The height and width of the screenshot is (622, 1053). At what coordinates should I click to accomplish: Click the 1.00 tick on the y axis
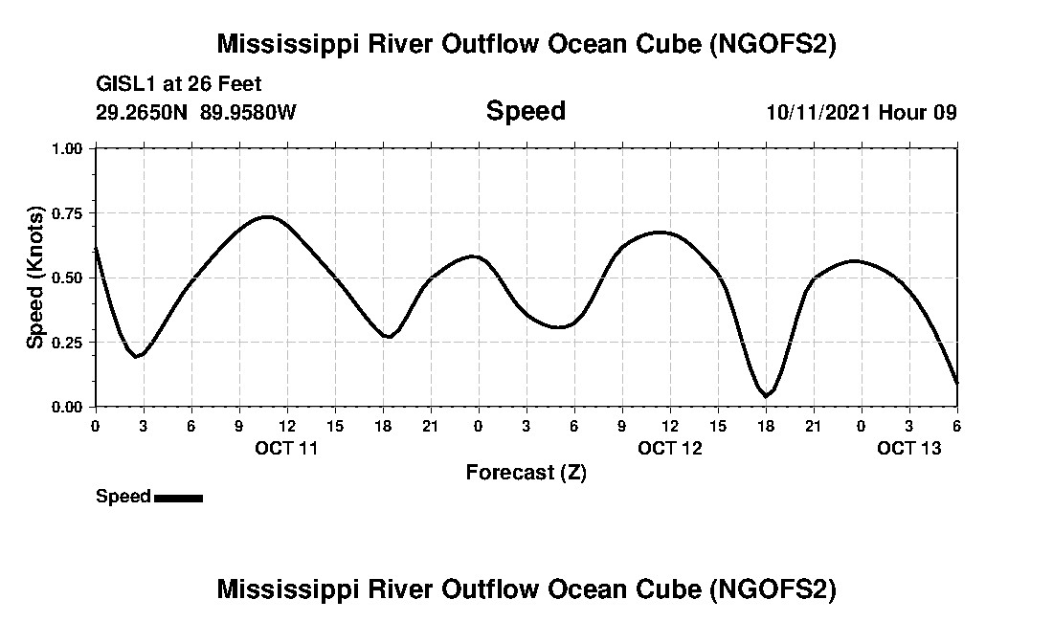[69, 148]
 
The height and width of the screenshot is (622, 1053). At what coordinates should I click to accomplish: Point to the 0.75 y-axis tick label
[69, 213]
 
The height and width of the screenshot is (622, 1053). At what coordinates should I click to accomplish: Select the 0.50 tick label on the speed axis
[69, 278]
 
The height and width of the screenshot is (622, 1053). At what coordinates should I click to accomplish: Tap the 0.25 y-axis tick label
[69, 343]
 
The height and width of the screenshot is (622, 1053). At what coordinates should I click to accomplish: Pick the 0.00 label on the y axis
[69, 408]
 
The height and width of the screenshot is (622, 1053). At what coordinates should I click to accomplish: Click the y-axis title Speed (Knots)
[34, 278]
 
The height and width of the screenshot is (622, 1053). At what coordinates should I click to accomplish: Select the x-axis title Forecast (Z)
[526, 472]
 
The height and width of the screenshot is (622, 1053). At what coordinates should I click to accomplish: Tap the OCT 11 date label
[286, 448]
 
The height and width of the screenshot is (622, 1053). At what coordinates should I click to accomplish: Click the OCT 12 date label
[670, 448]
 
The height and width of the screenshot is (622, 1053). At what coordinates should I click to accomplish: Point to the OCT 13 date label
[909, 448]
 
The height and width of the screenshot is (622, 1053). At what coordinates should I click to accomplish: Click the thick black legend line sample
[178, 498]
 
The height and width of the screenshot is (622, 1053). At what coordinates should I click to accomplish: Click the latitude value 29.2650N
[143, 112]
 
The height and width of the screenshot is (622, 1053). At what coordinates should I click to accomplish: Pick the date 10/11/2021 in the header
[818, 112]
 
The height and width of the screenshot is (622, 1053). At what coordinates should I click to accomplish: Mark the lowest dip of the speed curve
[765, 395]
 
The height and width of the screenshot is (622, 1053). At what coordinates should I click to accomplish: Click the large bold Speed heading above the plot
[526, 111]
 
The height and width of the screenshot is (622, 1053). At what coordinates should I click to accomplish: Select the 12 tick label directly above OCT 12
[669, 425]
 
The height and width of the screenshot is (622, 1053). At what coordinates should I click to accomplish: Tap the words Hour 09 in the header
[917, 112]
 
